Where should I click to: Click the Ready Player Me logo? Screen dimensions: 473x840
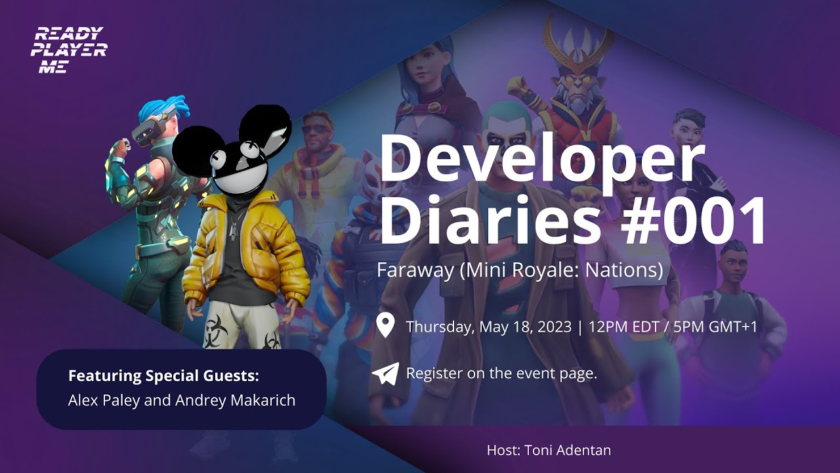tap(68, 50)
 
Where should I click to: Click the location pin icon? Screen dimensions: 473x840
tap(385, 326)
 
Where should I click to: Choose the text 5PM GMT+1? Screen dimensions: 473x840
tap(715, 327)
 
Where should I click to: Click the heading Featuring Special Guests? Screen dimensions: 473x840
tap(163, 376)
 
